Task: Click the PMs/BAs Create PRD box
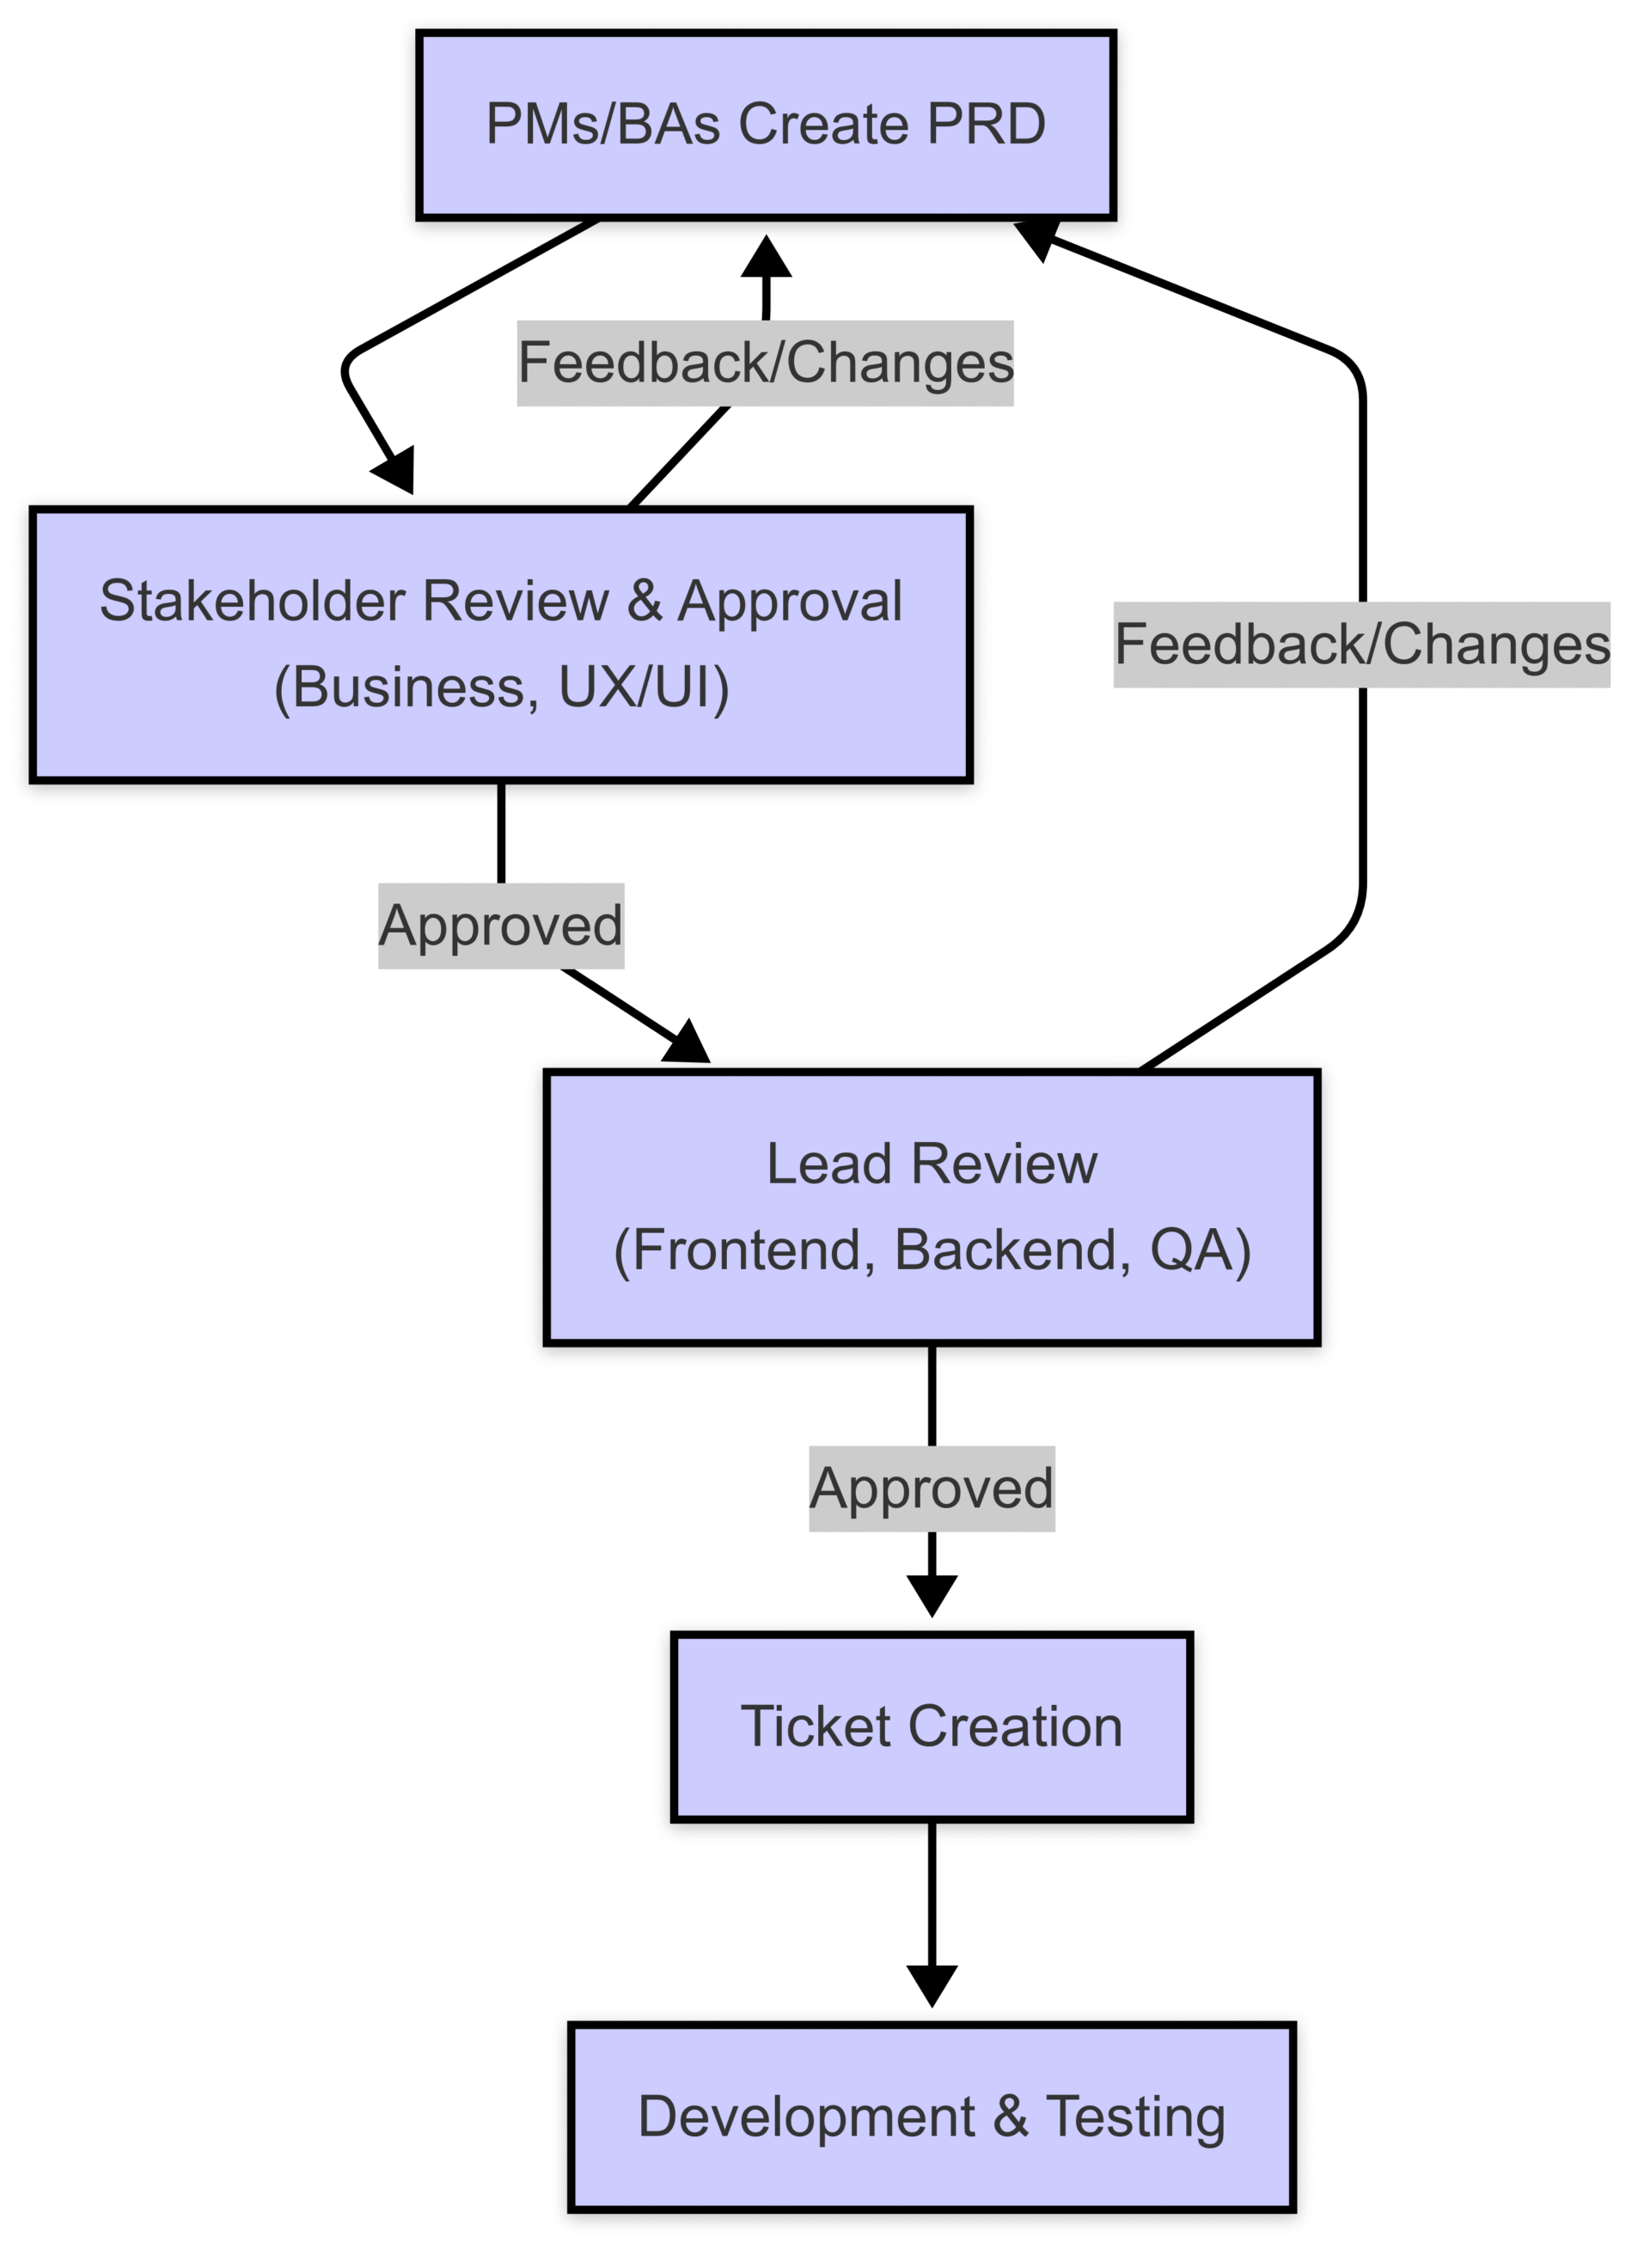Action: click(x=765, y=125)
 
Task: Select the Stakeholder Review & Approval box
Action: click(x=500, y=645)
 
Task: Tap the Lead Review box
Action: click(x=931, y=1207)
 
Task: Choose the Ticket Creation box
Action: click(x=931, y=1726)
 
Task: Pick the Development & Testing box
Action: click(x=931, y=2116)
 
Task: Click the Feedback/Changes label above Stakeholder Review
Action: click(x=765, y=363)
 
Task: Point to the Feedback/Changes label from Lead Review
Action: click(x=1361, y=645)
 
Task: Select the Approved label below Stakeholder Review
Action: click(x=500, y=926)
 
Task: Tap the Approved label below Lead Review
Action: click(x=931, y=1488)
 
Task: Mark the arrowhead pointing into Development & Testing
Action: click(x=931, y=1984)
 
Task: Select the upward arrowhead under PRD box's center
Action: click(x=765, y=257)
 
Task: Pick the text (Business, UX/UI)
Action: click(x=500, y=688)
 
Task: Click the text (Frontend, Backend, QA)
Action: click(x=931, y=1250)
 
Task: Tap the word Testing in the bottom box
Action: click(x=1134, y=2116)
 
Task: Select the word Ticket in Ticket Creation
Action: click(x=814, y=1726)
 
